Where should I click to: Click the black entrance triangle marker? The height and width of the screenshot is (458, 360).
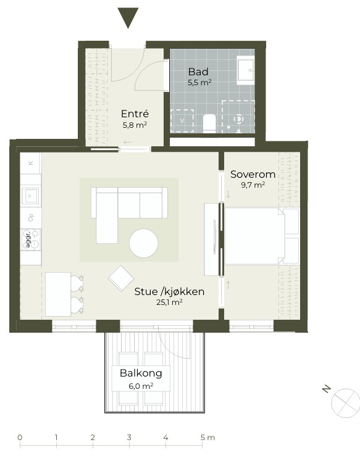click(x=128, y=17)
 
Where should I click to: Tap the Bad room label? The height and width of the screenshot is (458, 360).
click(x=198, y=72)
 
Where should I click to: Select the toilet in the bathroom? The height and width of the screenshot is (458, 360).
click(x=209, y=123)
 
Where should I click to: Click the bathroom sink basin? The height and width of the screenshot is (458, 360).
click(x=246, y=70)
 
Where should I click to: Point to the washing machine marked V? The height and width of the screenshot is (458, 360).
click(x=182, y=120)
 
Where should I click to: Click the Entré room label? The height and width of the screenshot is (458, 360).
click(x=135, y=114)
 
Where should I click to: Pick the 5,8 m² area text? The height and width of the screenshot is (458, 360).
click(x=135, y=125)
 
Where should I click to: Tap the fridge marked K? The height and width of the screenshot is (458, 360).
click(x=30, y=163)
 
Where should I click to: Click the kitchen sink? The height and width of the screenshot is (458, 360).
click(x=31, y=196)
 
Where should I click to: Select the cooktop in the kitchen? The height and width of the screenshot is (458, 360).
click(x=31, y=239)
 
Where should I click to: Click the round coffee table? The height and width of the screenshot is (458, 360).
click(x=143, y=243)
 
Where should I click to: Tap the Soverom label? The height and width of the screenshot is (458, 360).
click(x=253, y=174)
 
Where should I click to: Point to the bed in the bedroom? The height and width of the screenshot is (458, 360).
click(x=262, y=236)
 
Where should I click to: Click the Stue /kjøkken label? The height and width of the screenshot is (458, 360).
click(x=169, y=291)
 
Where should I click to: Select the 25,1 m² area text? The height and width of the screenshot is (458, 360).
click(x=169, y=302)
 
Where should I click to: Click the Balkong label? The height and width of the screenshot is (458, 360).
click(x=141, y=373)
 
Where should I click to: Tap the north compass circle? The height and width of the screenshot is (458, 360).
click(x=345, y=403)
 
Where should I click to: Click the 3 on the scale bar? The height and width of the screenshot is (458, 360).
click(x=129, y=438)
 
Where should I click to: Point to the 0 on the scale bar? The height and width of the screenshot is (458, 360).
click(x=20, y=438)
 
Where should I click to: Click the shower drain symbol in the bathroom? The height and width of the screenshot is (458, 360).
click(x=239, y=119)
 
